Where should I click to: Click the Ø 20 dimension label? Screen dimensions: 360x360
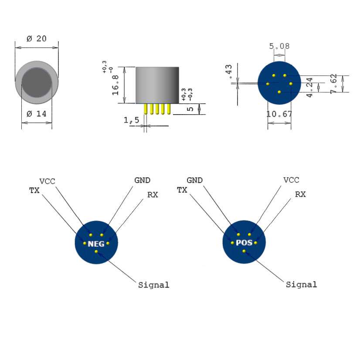click(36, 38)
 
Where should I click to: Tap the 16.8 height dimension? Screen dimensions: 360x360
click(115, 85)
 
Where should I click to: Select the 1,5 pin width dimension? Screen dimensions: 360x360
click(131, 119)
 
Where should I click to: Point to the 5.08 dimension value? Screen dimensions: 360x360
click(279, 46)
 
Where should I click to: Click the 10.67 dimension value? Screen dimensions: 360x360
click(279, 114)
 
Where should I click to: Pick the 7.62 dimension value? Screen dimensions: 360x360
click(334, 83)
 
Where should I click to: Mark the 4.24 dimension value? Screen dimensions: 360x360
click(309, 87)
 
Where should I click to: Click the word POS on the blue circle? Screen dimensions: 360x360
click(244, 243)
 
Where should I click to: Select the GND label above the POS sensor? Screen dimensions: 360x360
click(195, 180)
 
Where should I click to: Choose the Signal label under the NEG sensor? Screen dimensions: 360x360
click(153, 285)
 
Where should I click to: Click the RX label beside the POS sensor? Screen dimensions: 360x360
click(300, 194)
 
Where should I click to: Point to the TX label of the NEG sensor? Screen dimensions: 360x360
click(34, 190)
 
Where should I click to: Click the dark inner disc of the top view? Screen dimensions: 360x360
click(37, 83)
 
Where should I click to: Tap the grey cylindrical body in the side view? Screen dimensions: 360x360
click(157, 85)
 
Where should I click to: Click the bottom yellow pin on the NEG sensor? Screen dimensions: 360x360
click(96, 251)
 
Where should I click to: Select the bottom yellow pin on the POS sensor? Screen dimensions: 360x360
click(244, 251)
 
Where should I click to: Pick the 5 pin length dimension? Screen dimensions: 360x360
click(190, 109)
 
